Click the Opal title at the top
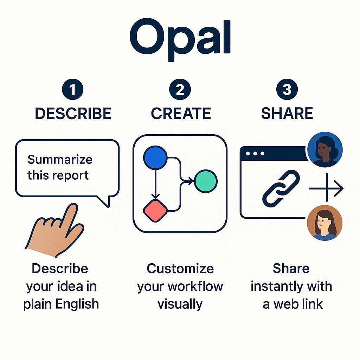pos(180,39)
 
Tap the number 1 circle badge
pos(72,90)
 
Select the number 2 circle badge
pos(180,90)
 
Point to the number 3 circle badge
pos(287,90)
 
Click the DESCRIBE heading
pos(73,114)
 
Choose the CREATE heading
pos(181,114)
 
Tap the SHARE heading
pos(287,114)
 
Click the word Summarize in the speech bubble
pos(60,160)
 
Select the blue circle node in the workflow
pos(155,157)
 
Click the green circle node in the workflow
pos(206,181)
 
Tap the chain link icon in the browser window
pos(281,188)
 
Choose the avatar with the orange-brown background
pos(324,223)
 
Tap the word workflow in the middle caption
pos(199,287)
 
